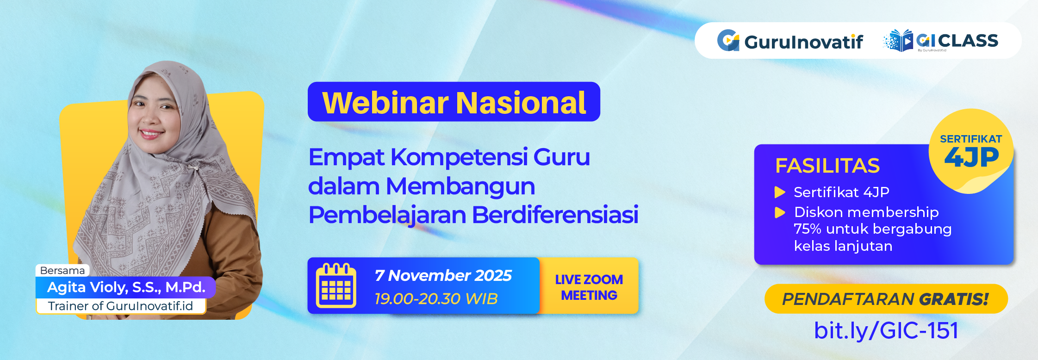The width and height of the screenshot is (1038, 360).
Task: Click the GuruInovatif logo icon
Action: click(x=728, y=41)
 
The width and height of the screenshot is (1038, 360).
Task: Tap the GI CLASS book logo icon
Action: click(x=898, y=41)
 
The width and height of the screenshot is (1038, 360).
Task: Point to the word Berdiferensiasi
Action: click(x=555, y=215)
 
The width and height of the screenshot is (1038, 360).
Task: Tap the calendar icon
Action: click(x=336, y=286)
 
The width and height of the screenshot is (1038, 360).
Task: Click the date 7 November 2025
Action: click(x=443, y=276)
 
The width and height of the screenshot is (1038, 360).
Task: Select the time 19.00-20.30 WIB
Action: click(x=436, y=299)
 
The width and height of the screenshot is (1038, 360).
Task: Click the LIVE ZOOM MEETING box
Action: click(x=589, y=287)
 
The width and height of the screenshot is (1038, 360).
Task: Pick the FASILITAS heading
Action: click(x=827, y=166)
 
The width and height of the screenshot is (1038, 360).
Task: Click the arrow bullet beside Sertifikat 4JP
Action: click(x=780, y=192)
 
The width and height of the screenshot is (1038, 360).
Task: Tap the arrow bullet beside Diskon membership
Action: click(x=780, y=212)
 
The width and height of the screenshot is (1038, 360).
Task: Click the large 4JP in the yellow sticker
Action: click(x=971, y=157)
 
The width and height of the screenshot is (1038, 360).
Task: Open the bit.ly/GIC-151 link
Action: click(x=886, y=330)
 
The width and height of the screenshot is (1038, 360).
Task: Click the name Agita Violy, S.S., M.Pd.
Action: click(x=126, y=287)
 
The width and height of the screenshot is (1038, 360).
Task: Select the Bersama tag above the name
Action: click(x=62, y=270)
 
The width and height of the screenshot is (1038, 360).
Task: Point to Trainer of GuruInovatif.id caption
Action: click(x=120, y=306)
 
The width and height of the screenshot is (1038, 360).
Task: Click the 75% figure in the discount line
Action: click(x=807, y=229)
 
